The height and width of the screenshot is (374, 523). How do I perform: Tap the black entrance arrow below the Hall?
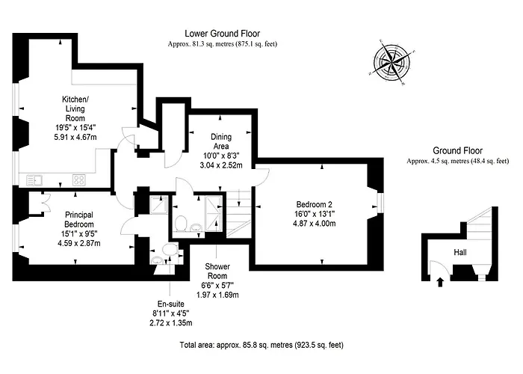coord(439,282)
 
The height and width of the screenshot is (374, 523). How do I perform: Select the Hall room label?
coord(461,253)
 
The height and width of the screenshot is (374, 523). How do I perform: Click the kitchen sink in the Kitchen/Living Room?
coord(34,180)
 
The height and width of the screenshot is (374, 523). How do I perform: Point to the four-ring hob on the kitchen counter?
coord(78,180)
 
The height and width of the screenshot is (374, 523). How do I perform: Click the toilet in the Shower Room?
coord(180,222)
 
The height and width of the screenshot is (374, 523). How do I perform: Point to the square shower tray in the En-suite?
coord(158,205)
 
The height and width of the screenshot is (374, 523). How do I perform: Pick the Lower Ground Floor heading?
coord(222,34)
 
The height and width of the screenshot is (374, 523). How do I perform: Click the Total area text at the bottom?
coord(261,346)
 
